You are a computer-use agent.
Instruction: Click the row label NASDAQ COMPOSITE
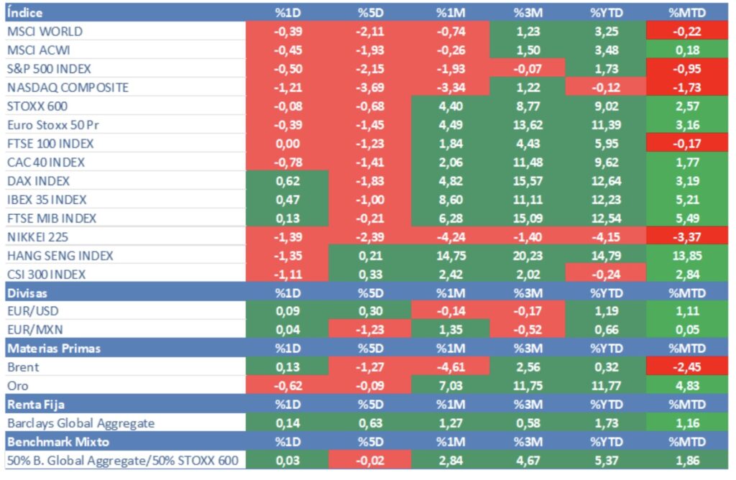point(68,88)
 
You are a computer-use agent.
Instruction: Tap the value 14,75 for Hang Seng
point(451,256)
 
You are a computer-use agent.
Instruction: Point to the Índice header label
point(24,13)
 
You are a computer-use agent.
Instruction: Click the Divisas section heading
point(27,293)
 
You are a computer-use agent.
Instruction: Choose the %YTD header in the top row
point(606,13)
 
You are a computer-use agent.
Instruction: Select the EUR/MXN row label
point(34,331)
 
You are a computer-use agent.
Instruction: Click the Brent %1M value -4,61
point(451,368)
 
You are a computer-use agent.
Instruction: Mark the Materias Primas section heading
point(54,349)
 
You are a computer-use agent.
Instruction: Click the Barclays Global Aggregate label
point(80,424)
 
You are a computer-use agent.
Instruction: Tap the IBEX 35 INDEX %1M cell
point(451,200)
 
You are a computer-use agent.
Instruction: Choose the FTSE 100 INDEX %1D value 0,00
point(288,144)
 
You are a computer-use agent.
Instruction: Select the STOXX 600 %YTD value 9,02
point(606,106)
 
